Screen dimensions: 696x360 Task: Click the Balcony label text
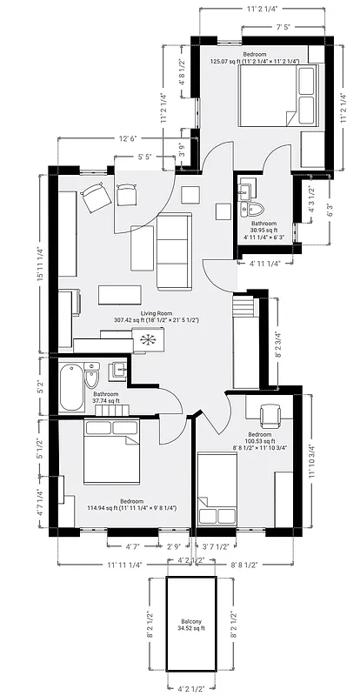(191, 620)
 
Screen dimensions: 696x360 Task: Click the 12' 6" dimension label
(129, 138)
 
